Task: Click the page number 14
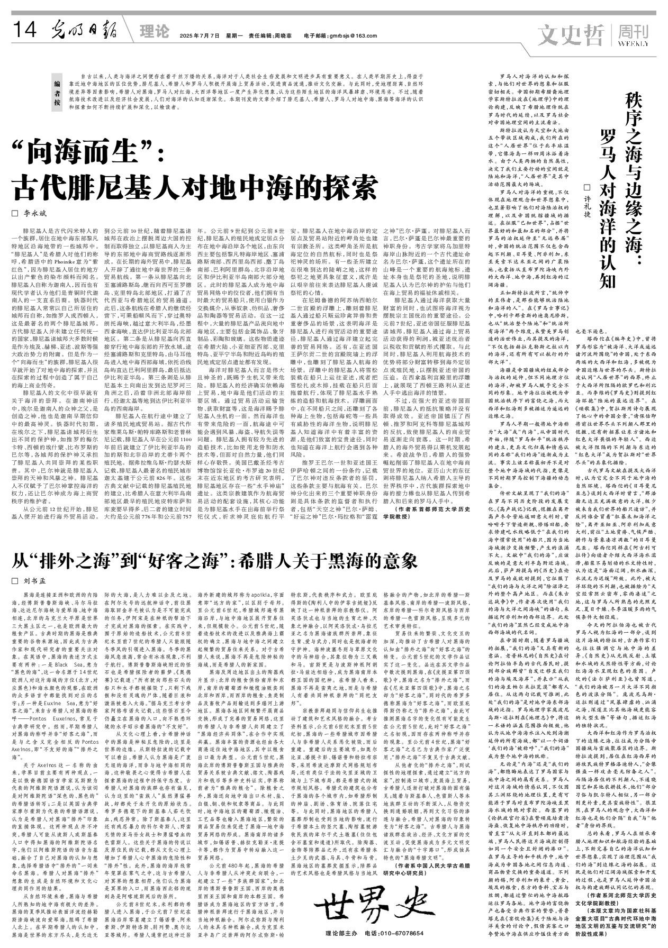click(x=24, y=32)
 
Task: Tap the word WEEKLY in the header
click(x=633, y=43)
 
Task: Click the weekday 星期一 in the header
click(x=234, y=36)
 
